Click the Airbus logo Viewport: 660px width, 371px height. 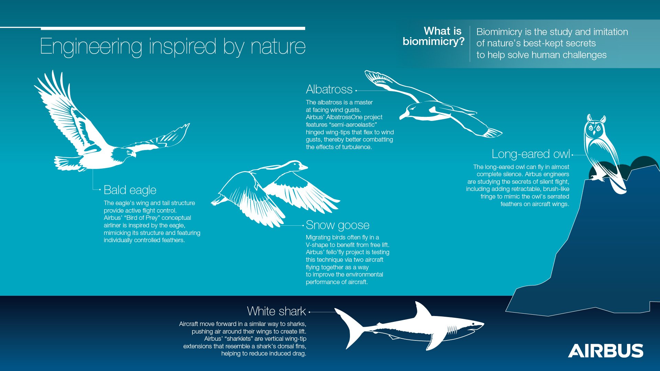click(606, 351)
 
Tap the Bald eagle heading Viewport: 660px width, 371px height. click(130, 190)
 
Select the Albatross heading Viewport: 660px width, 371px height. click(329, 89)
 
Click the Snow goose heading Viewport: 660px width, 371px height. click(338, 225)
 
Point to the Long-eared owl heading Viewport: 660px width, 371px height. click(531, 154)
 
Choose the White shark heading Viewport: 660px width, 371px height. click(276, 311)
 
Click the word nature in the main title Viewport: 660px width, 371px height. click(278, 47)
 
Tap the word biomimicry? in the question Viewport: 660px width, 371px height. click(433, 42)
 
